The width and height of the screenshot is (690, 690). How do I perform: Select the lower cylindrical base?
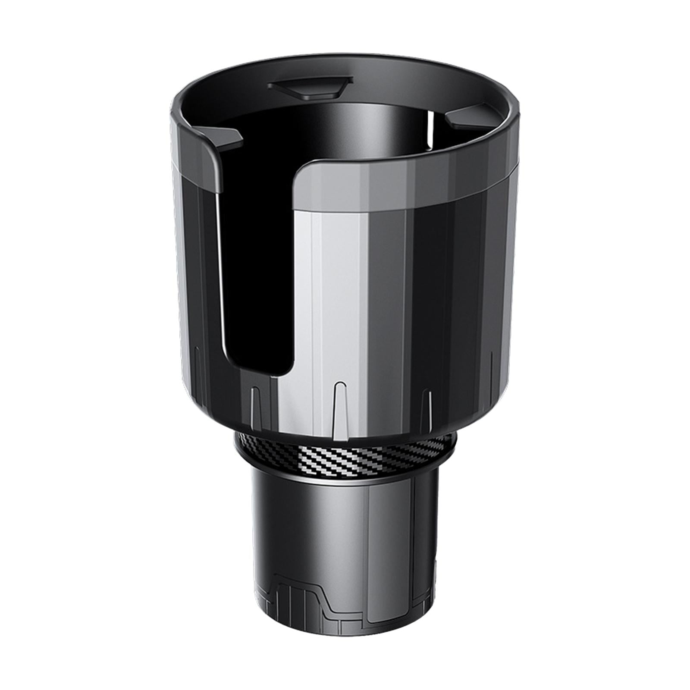point(345,539)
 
